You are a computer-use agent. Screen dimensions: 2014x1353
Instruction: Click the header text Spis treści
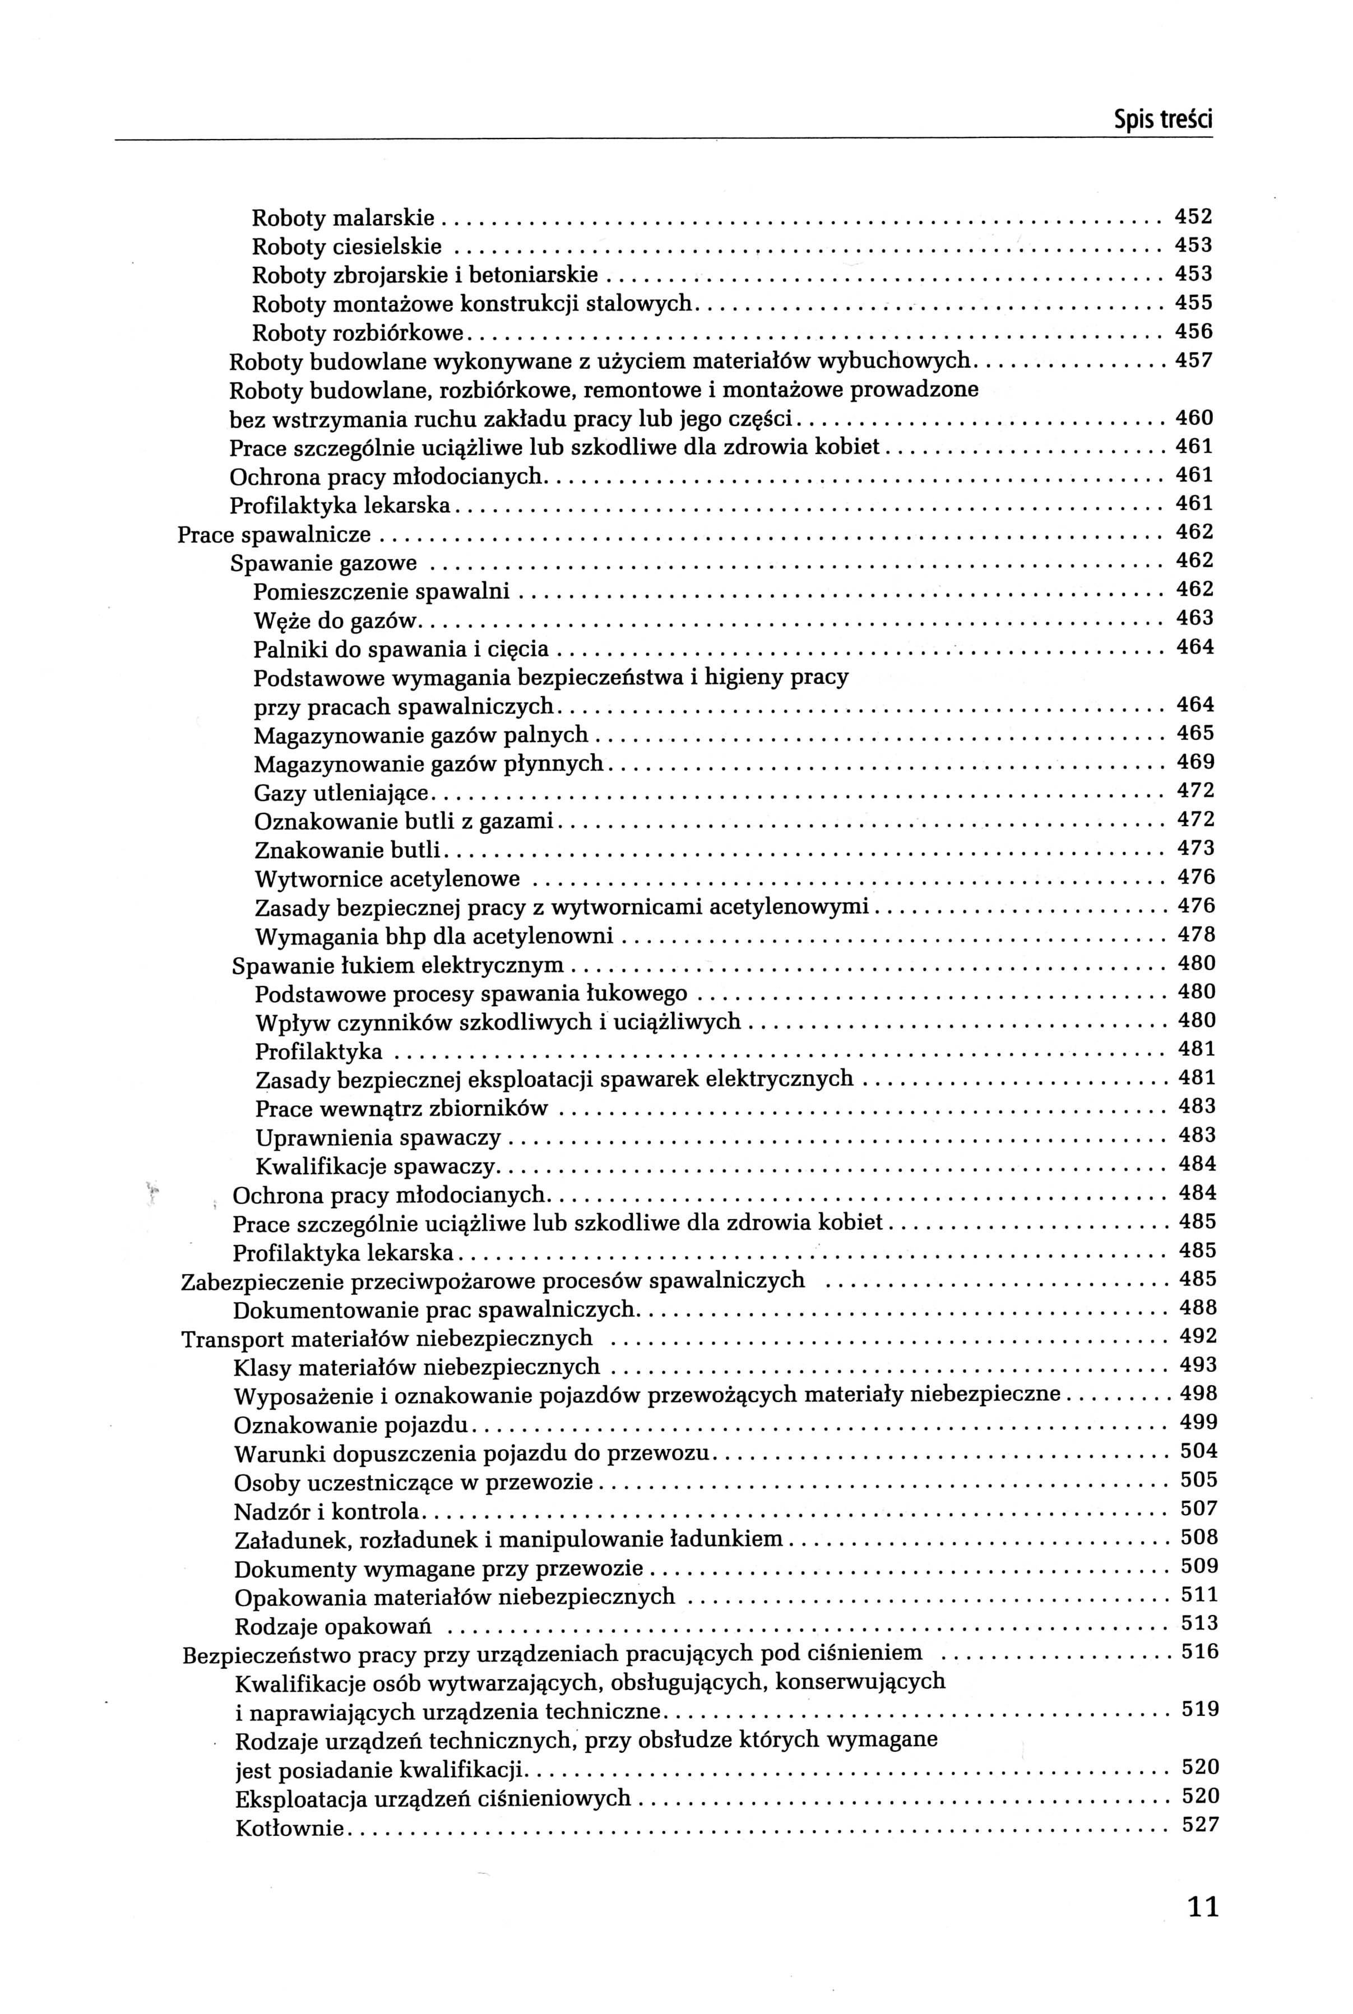(x=1162, y=120)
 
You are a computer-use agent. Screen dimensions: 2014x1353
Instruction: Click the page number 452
(x=1194, y=216)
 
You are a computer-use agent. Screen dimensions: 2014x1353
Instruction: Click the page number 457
(x=1194, y=360)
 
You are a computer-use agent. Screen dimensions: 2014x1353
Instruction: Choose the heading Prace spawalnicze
(x=275, y=535)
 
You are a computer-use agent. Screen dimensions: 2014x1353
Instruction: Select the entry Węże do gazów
(x=336, y=621)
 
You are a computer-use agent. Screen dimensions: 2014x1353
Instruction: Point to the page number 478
(x=1197, y=934)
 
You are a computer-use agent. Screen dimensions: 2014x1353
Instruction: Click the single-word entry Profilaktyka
(x=318, y=1052)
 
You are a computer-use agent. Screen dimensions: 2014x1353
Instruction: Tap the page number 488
(x=1198, y=1307)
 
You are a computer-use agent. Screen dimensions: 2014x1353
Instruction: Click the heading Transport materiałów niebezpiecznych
(x=387, y=1339)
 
